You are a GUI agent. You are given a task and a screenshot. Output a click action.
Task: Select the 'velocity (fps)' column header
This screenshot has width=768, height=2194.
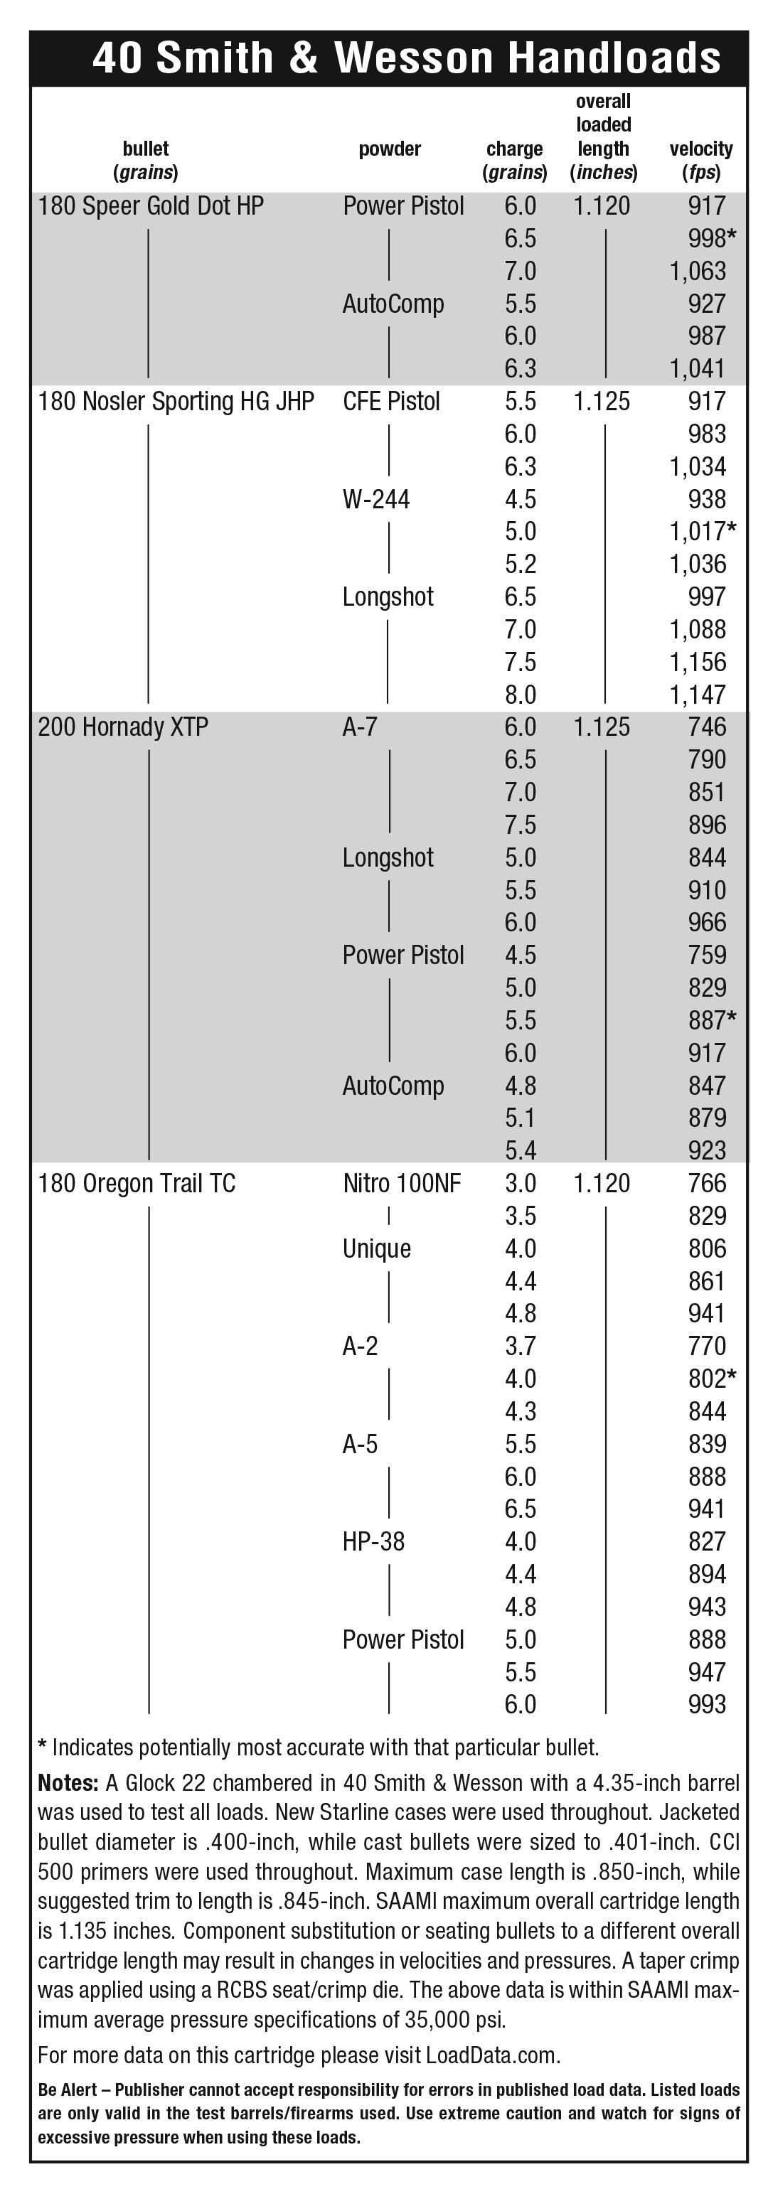pos(700,160)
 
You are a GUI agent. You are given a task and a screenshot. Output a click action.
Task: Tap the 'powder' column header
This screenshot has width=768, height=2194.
pos(389,149)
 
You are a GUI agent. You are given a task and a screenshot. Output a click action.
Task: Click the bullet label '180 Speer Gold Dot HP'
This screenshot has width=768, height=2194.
pos(151,206)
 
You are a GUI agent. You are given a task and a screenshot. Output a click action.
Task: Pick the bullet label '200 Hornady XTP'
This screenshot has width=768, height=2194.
pos(122,727)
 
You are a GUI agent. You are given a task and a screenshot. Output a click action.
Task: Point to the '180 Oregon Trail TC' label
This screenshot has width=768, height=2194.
pos(137,1184)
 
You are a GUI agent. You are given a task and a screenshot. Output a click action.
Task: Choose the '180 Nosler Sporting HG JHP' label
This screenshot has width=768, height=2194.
pos(176,401)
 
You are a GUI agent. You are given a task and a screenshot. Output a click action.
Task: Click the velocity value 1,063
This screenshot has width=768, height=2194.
pos(698,272)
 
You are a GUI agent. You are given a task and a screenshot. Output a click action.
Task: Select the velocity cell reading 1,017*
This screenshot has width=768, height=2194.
pos(703,532)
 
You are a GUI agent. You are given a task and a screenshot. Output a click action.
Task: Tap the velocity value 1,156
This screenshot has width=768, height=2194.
pos(698,662)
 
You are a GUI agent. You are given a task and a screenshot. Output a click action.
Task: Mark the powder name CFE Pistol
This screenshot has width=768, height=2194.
pos(391,401)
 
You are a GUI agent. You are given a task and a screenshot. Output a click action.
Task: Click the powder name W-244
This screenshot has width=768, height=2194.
pos(375,499)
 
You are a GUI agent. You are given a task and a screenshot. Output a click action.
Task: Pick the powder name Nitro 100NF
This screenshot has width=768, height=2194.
pos(402,1184)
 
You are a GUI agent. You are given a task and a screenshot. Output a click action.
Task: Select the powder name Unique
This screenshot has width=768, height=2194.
pos(376,1248)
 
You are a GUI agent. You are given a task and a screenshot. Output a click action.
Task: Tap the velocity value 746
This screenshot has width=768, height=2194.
pos(707,727)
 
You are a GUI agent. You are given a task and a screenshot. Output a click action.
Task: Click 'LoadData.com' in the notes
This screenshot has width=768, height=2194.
pos(491,2055)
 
